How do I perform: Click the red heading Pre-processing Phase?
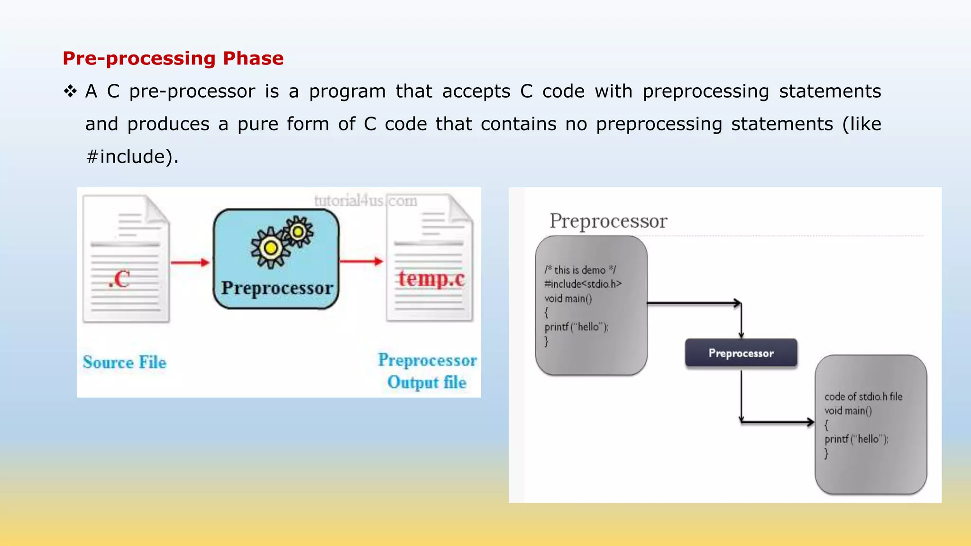173,59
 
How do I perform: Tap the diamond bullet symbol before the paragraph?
70,91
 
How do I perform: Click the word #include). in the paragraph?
132,157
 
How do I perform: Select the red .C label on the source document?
119,279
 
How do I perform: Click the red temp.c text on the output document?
431,278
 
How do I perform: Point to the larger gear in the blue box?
271,248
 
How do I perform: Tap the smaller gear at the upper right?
298,232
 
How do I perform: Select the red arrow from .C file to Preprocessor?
190,262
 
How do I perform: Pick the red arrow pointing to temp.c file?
361,261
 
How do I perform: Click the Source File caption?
125,363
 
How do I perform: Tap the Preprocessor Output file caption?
427,371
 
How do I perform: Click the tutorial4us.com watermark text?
366,201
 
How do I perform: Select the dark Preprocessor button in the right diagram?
741,353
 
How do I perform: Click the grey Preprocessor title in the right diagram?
608,221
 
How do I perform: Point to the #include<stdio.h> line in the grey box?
583,284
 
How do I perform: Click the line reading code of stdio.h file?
863,397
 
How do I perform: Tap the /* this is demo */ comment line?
580,270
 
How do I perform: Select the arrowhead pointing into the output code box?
810,422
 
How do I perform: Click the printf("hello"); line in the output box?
856,439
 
